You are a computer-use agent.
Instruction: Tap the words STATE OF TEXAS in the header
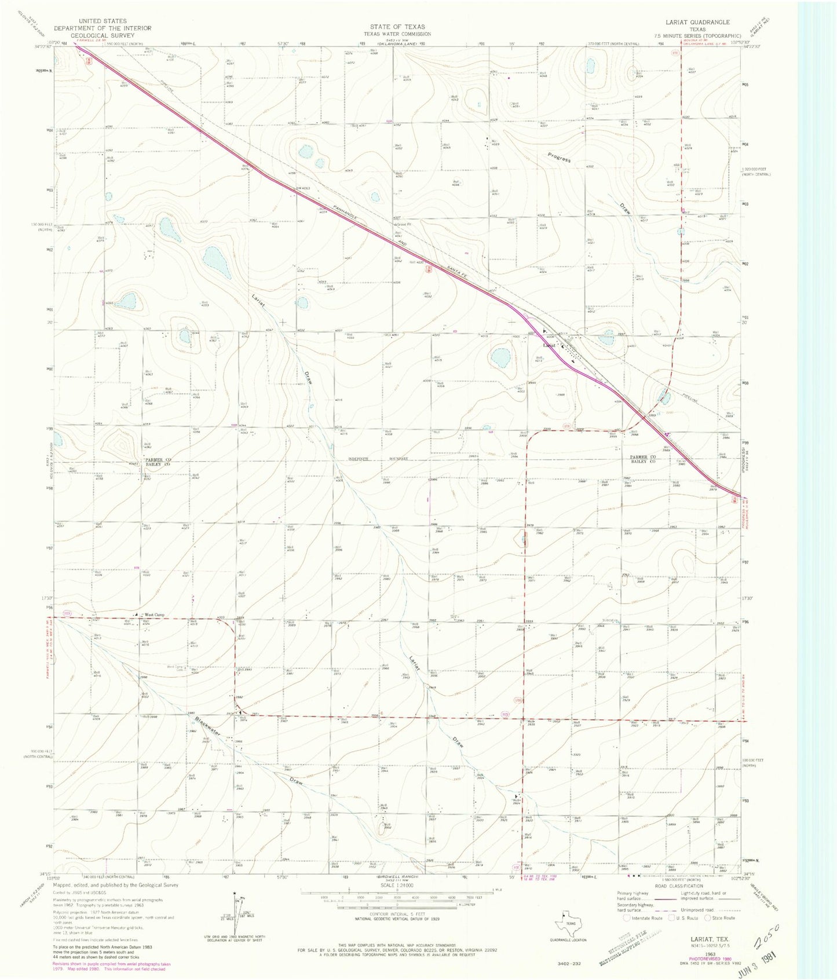(397, 27)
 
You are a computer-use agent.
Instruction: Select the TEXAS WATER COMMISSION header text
(397, 34)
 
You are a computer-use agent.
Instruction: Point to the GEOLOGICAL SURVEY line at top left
(102, 35)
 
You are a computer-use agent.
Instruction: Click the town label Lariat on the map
(549, 345)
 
